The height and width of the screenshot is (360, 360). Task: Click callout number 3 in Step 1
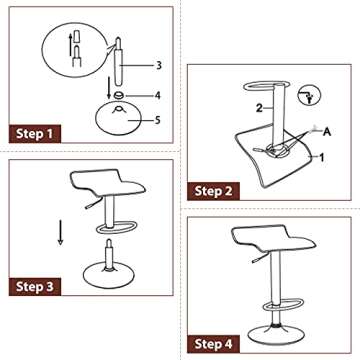(158, 65)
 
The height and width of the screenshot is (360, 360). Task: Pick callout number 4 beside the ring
(158, 96)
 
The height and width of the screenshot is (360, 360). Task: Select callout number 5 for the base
(158, 118)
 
